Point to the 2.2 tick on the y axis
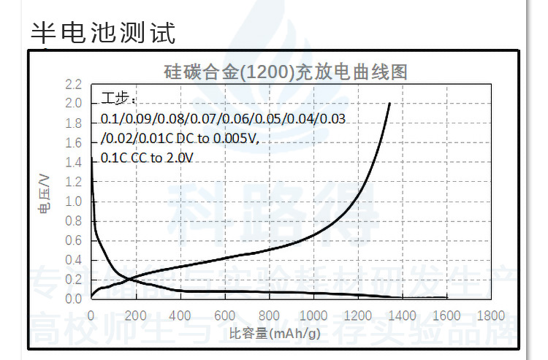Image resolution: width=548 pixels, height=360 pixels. tap(74, 84)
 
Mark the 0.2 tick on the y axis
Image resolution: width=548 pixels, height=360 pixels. tap(74, 280)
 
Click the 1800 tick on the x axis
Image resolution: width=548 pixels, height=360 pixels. tap(491, 315)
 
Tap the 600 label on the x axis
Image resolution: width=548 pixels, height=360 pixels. tap(224, 315)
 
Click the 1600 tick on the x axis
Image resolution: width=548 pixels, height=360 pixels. tap(446, 315)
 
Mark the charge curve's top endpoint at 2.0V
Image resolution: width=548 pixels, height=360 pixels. tap(389, 104)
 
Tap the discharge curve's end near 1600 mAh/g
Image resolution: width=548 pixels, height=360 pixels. tap(446, 297)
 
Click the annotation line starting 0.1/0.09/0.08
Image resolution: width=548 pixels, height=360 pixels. tap(223, 119)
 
